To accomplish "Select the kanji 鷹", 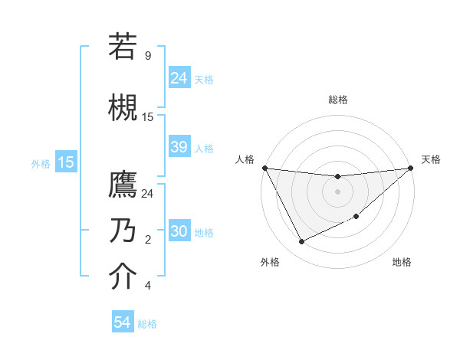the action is (x=123, y=186).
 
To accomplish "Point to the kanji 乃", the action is (x=123, y=231).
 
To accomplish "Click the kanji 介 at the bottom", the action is (x=123, y=277).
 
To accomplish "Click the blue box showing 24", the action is (x=179, y=78).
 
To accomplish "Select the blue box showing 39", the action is (x=179, y=147).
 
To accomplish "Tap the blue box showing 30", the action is (x=179, y=231).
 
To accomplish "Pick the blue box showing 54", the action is (x=123, y=322).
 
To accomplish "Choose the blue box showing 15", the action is (x=66, y=162).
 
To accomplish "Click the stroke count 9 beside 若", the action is (x=148, y=56).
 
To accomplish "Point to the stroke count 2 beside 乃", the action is (x=148, y=241).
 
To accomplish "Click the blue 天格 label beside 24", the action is (x=204, y=79).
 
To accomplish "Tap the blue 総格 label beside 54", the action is (x=147, y=324).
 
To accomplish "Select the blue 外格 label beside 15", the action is (x=41, y=163).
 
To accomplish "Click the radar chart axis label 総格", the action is (x=337, y=100).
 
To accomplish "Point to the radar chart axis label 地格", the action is (x=402, y=263).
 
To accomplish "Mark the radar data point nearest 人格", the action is (x=264, y=168).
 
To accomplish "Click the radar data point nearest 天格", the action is (x=411, y=169).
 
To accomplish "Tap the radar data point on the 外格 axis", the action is (x=301, y=242).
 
